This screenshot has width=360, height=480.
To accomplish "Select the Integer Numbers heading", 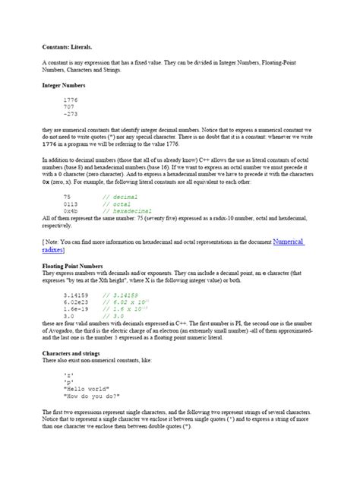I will [x=64, y=86].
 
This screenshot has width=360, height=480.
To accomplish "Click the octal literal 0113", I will [x=71, y=204].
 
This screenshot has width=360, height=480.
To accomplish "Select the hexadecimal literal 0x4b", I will [x=71, y=210].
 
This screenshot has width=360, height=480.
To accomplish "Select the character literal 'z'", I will [x=68, y=374].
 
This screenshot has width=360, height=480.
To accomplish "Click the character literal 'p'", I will [x=68, y=381].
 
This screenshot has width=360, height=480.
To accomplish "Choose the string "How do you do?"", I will [x=93, y=396].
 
